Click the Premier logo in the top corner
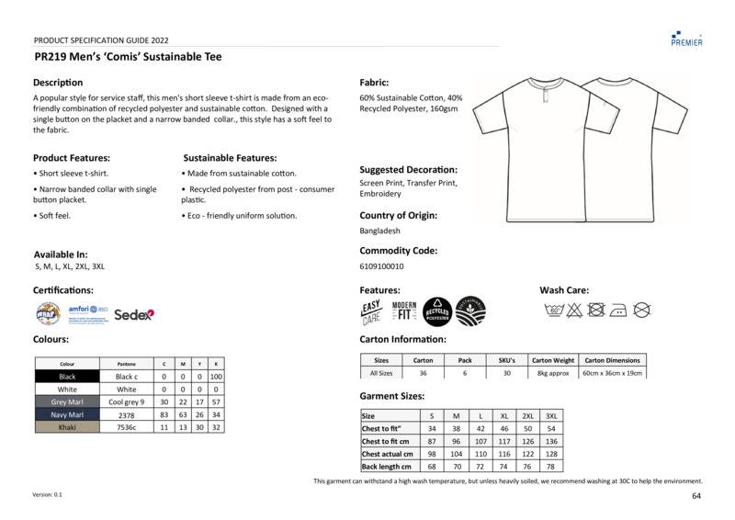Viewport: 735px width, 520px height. (x=687, y=36)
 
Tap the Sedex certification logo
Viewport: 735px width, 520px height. (x=134, y=313)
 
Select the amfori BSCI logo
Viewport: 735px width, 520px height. (x=87, y=313)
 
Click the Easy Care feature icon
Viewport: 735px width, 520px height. (x=371, y=313)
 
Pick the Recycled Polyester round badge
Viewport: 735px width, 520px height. (x=436, y=312)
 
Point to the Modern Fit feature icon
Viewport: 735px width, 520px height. (x=404, y=312)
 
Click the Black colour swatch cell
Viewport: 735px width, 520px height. (x=67, y=377)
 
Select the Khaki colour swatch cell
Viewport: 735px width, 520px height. (x=67, y=428)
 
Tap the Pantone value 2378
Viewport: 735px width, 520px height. (x=125, y=415)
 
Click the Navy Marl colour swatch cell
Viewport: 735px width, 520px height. (x=67, y=415)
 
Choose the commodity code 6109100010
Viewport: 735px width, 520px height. (x=381, y=266)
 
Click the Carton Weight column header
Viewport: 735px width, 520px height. (x=553, y=360)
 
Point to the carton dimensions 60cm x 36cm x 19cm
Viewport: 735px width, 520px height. (x=614, y=373)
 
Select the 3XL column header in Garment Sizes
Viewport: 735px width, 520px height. (x=551, y=416)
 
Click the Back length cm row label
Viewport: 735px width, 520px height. (x=387, y=467)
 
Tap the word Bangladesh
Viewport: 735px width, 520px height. (x=380, y=231)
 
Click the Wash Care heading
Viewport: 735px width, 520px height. (x=564, y=290)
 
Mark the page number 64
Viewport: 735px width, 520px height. (x=697, y=496)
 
